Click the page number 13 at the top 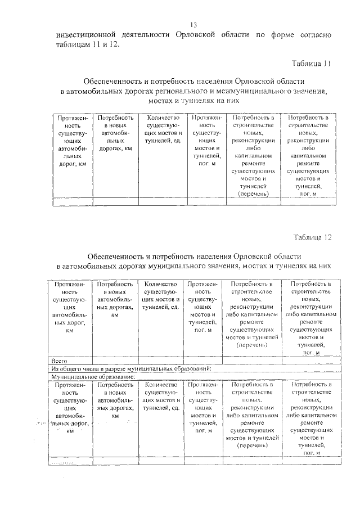pos(193,25)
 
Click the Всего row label pos(59,360)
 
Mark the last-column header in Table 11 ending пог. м pos(308,155)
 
